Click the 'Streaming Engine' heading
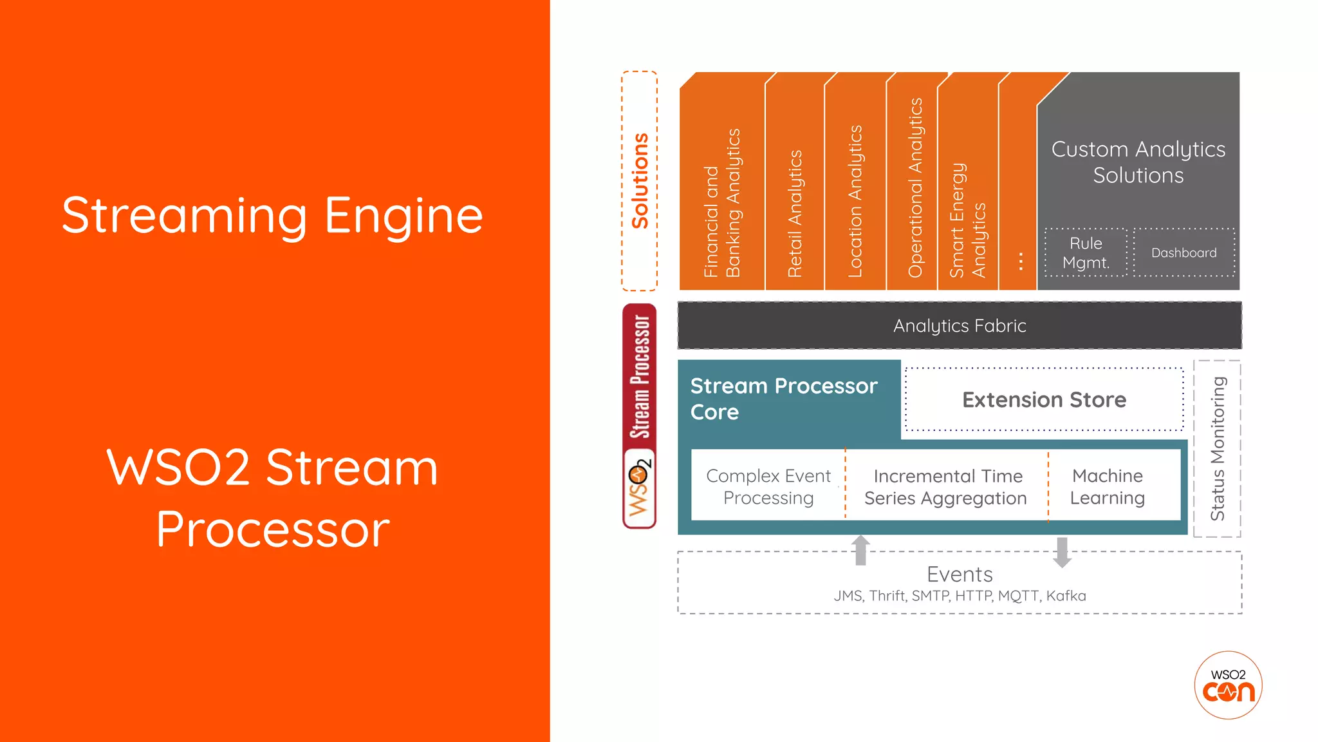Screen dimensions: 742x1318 272,216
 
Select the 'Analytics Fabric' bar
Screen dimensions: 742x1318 959,326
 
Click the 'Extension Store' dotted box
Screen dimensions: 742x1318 1044,400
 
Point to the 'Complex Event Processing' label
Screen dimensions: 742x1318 768,486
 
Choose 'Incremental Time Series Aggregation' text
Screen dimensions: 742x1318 946,487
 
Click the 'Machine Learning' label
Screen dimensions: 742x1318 1107,486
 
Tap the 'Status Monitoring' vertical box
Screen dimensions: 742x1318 1217,448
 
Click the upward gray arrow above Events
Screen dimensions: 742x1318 860,550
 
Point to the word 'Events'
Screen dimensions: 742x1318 960,574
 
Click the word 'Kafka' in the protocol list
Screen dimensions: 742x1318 1066,596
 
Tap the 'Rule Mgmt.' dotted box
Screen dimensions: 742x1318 1086,252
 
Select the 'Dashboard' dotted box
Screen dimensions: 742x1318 1183,252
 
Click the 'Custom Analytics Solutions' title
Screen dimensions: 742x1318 1138,162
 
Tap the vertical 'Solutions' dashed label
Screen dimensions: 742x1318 639,181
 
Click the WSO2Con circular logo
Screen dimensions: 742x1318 1228,685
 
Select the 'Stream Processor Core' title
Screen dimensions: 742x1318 783,399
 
